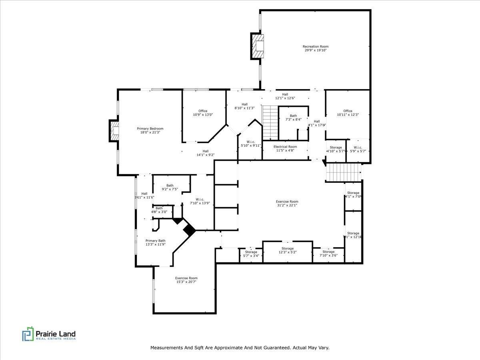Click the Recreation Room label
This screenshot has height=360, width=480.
pos(315,48)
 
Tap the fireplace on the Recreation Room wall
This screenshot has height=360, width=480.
pos(258,46)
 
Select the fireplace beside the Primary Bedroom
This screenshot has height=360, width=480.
pos(114,131)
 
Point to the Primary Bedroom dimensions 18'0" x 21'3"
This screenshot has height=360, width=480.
pos(150,132)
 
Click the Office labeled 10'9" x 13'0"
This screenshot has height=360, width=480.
pos(203,113)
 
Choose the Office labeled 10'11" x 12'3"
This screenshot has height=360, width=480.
pos(348,113)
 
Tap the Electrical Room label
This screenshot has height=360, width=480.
pos(285,148)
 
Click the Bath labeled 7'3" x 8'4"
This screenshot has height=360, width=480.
pos(293,118)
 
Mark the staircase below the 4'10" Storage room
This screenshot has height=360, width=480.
pos(343,173)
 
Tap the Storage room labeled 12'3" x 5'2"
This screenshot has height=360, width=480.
pos(287,250)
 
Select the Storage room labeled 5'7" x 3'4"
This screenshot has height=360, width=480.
pos(251,254)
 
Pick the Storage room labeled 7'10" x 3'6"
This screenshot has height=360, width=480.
pos(328,254)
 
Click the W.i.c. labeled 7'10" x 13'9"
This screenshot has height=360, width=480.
pos(200,201)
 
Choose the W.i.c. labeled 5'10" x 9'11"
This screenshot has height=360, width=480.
pos(251,144)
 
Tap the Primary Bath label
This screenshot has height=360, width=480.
pos(155,242)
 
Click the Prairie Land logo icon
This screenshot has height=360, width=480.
pos(28,334)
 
